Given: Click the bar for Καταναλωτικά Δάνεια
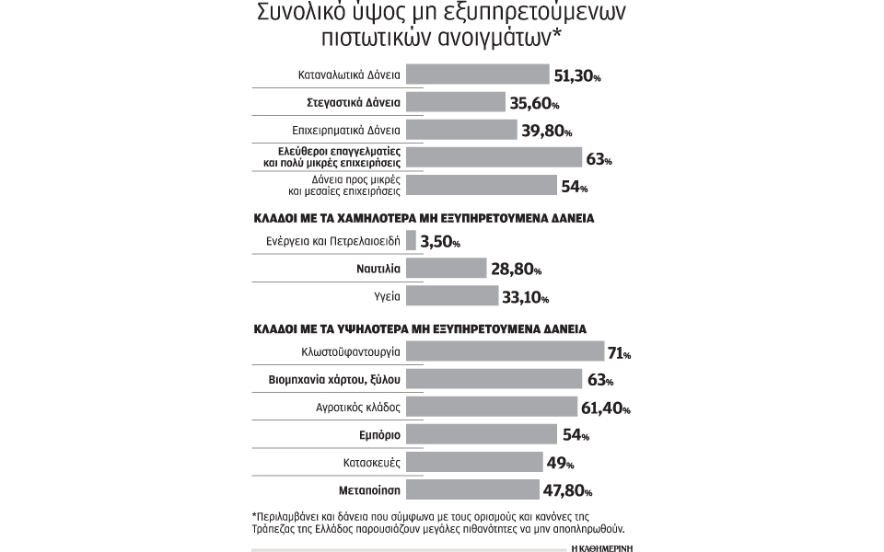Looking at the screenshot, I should tap(477, 75).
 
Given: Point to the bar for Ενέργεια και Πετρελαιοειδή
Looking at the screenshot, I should tap(411, 241).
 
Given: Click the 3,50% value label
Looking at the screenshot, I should tap(439, 242).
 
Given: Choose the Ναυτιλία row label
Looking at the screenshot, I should tap(378, 269).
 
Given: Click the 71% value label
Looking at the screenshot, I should tap(618, 352).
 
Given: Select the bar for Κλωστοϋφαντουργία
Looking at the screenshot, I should tap(505, 351).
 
